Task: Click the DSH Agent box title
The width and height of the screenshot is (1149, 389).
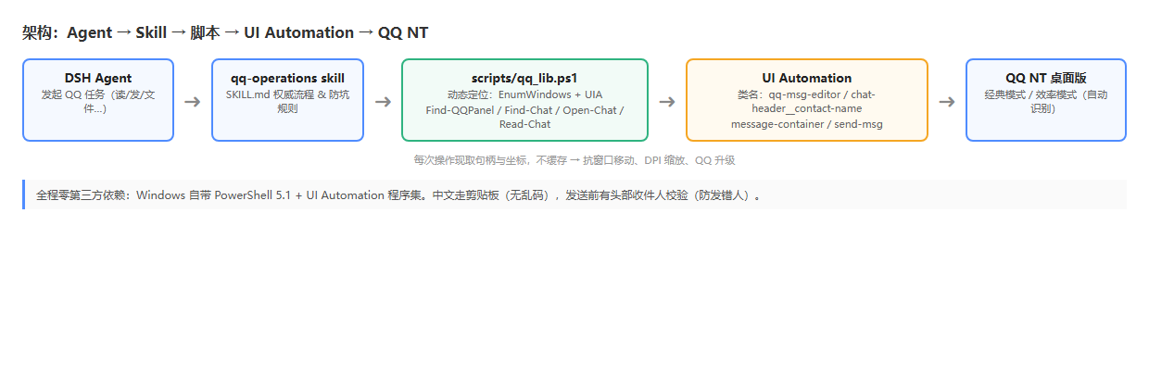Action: click(98, 78)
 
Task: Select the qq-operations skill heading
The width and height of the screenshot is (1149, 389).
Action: click(287, 78)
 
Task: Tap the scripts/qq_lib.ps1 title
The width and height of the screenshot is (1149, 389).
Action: click(524, 79)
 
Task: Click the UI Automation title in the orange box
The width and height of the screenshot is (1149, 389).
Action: click(806, 78)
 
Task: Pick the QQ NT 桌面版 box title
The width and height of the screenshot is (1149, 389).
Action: click(1045, 78)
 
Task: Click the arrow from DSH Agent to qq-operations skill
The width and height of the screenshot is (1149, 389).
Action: click(193, 102)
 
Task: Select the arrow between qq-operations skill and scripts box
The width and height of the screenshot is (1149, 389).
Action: click(383, 102)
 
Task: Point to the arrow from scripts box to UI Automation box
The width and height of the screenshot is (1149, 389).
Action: click(667, 102)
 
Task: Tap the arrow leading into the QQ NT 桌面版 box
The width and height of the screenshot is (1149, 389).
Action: click(947, 102)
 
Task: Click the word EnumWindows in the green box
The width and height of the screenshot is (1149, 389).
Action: click(535, 94)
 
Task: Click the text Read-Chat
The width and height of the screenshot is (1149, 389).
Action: click(524, 124)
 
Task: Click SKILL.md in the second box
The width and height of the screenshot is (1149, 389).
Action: click(247, 94)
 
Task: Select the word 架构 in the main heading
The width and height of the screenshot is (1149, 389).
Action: click(37, 32)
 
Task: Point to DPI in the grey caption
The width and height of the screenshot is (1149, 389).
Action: click(652, 160)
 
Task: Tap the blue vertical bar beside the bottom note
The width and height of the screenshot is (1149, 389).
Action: click(23, 194)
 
